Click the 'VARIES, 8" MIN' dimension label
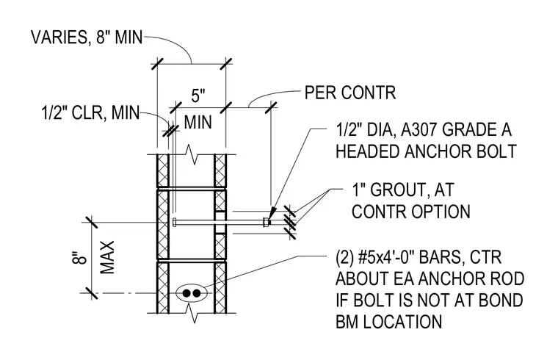coord(87,37)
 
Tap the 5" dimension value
coord(198,96)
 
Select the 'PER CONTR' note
coord(350,93)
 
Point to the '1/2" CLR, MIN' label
coord(91,113)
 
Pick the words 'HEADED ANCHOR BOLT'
coord(426,151)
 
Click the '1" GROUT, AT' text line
coord(403,190)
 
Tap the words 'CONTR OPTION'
coord(411,211)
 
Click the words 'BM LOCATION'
coord(389,322)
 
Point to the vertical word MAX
coord(107,257)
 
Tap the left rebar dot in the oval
coord(186,293)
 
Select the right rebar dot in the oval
coord(196,293)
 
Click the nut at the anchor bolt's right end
coord(266,222)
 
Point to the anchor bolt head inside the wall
coord(174,222)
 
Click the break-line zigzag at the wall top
coord(195,154)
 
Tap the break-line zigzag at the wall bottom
coord(195,314)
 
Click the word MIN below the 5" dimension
coord(198,122)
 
